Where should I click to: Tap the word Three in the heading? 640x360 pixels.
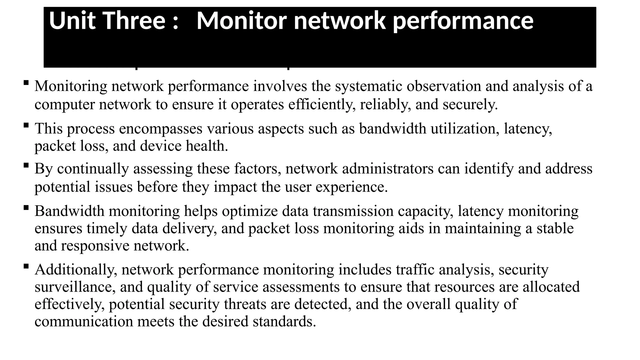pos(134,21)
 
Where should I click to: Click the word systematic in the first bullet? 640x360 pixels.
pos(368,86)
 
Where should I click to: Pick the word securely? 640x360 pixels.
pos(470,104)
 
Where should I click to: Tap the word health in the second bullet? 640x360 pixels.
pos(207,146)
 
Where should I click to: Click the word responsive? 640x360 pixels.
pos(95,246)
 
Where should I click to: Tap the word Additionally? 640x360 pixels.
pos(76,270)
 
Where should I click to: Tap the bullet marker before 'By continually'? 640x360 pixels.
pos(26,165)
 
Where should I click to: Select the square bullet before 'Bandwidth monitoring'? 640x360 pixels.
pos(26,207)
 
